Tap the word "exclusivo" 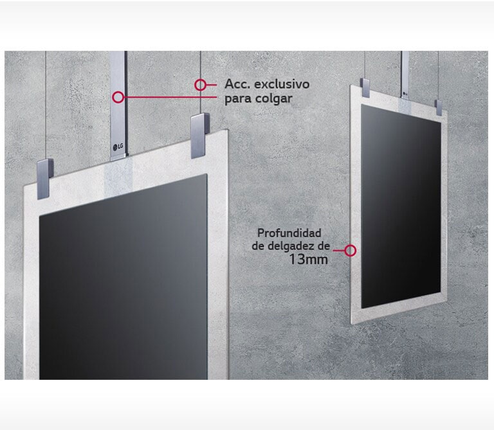[282, 84]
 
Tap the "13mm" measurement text [309, 260]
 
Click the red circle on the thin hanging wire [200, 85]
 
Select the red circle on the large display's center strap [118, 97]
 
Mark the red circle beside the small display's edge [351, 251]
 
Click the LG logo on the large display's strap [118, 147]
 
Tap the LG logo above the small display [405, 93]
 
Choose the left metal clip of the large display [45, 179]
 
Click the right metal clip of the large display [200, 136]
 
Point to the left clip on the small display [365, 88]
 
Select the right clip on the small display [439, 107]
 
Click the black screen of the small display [401, 206]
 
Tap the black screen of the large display [123, 277]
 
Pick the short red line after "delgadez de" [339, 251]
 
